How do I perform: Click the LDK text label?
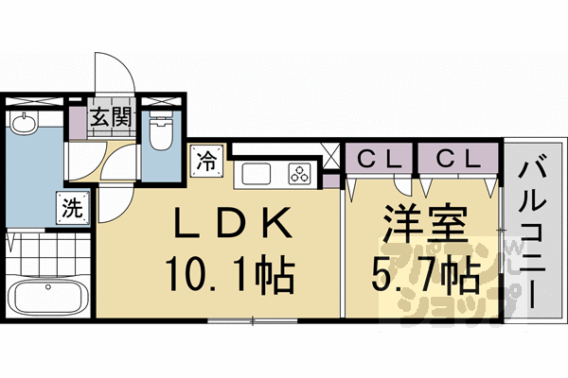pyautogui.click(x=230, y=227)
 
